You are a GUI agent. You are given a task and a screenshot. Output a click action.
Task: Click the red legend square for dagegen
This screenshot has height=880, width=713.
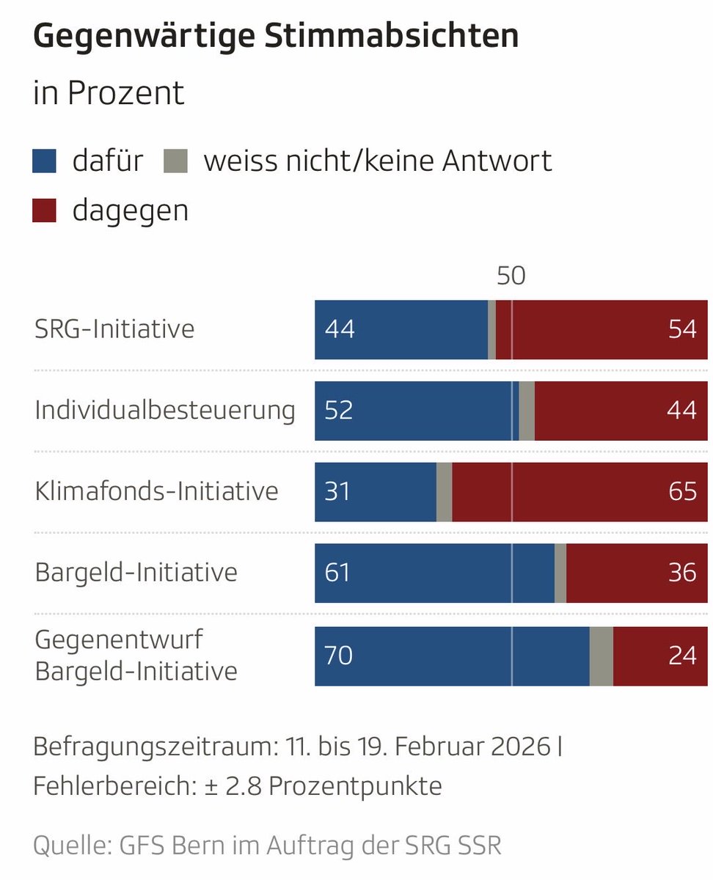coord(45,211)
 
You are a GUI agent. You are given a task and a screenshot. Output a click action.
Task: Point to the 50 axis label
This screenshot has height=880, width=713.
coord(511,276)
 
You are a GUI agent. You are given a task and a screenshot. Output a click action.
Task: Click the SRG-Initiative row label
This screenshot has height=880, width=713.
coord(114,329)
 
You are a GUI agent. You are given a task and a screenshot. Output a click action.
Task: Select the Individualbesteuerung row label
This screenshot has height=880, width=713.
coord(165,410)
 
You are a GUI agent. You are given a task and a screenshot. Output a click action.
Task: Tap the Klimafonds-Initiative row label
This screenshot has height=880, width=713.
coord(156,491)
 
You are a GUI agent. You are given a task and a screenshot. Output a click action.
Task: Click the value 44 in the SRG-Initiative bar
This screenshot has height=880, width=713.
coord(340,329)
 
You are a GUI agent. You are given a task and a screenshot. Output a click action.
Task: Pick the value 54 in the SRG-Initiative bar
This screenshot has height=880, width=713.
coord(682,329)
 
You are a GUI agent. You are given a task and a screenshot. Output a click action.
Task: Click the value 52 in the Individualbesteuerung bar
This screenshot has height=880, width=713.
coord(339,411)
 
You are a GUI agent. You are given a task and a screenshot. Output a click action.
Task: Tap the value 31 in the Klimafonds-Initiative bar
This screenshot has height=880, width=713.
coord(337,491)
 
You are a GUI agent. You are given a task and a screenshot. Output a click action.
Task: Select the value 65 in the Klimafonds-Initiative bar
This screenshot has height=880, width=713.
coord(682,491)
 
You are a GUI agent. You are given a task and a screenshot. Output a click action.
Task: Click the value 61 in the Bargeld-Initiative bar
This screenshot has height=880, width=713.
coord(337,573)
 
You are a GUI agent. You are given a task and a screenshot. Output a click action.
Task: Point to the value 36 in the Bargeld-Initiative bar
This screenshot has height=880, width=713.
coord(682,573)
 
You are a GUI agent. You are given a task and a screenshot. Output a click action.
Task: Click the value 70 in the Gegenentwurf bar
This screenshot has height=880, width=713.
coord(339,655)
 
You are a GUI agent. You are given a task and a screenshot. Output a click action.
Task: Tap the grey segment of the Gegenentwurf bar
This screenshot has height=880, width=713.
coord(601,656)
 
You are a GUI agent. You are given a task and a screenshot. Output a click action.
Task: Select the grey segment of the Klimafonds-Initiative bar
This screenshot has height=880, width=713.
coord(444,492)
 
